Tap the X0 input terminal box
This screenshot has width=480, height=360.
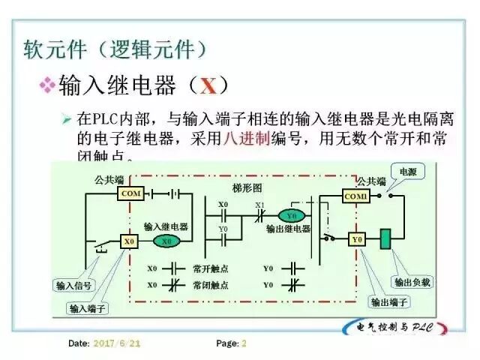click(x=129, y=241)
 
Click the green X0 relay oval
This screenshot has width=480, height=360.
click(x=167, y=241)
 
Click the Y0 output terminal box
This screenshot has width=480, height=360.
click(x=357, y=239)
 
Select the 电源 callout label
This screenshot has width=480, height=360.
click(x=407, y=172)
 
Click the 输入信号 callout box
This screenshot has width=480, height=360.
click(x=73, y=285)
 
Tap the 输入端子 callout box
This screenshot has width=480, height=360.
click(x=88, y=307)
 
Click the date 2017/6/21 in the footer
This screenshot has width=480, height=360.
click(x=116, y=343)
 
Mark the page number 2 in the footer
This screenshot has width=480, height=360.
click(x=244, y=343)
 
